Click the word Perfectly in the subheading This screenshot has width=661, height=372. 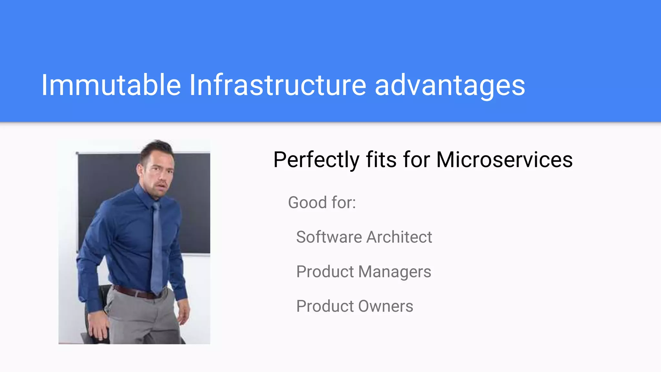pos(316,160)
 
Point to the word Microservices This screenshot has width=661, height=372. pos(504,160)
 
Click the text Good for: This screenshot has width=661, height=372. pos(322,203)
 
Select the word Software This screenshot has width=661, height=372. pos(329,237)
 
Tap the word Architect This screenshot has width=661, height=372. pos(399,237)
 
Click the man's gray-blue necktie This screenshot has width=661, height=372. pos(157,245)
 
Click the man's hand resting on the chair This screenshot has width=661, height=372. pos(98,329)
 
